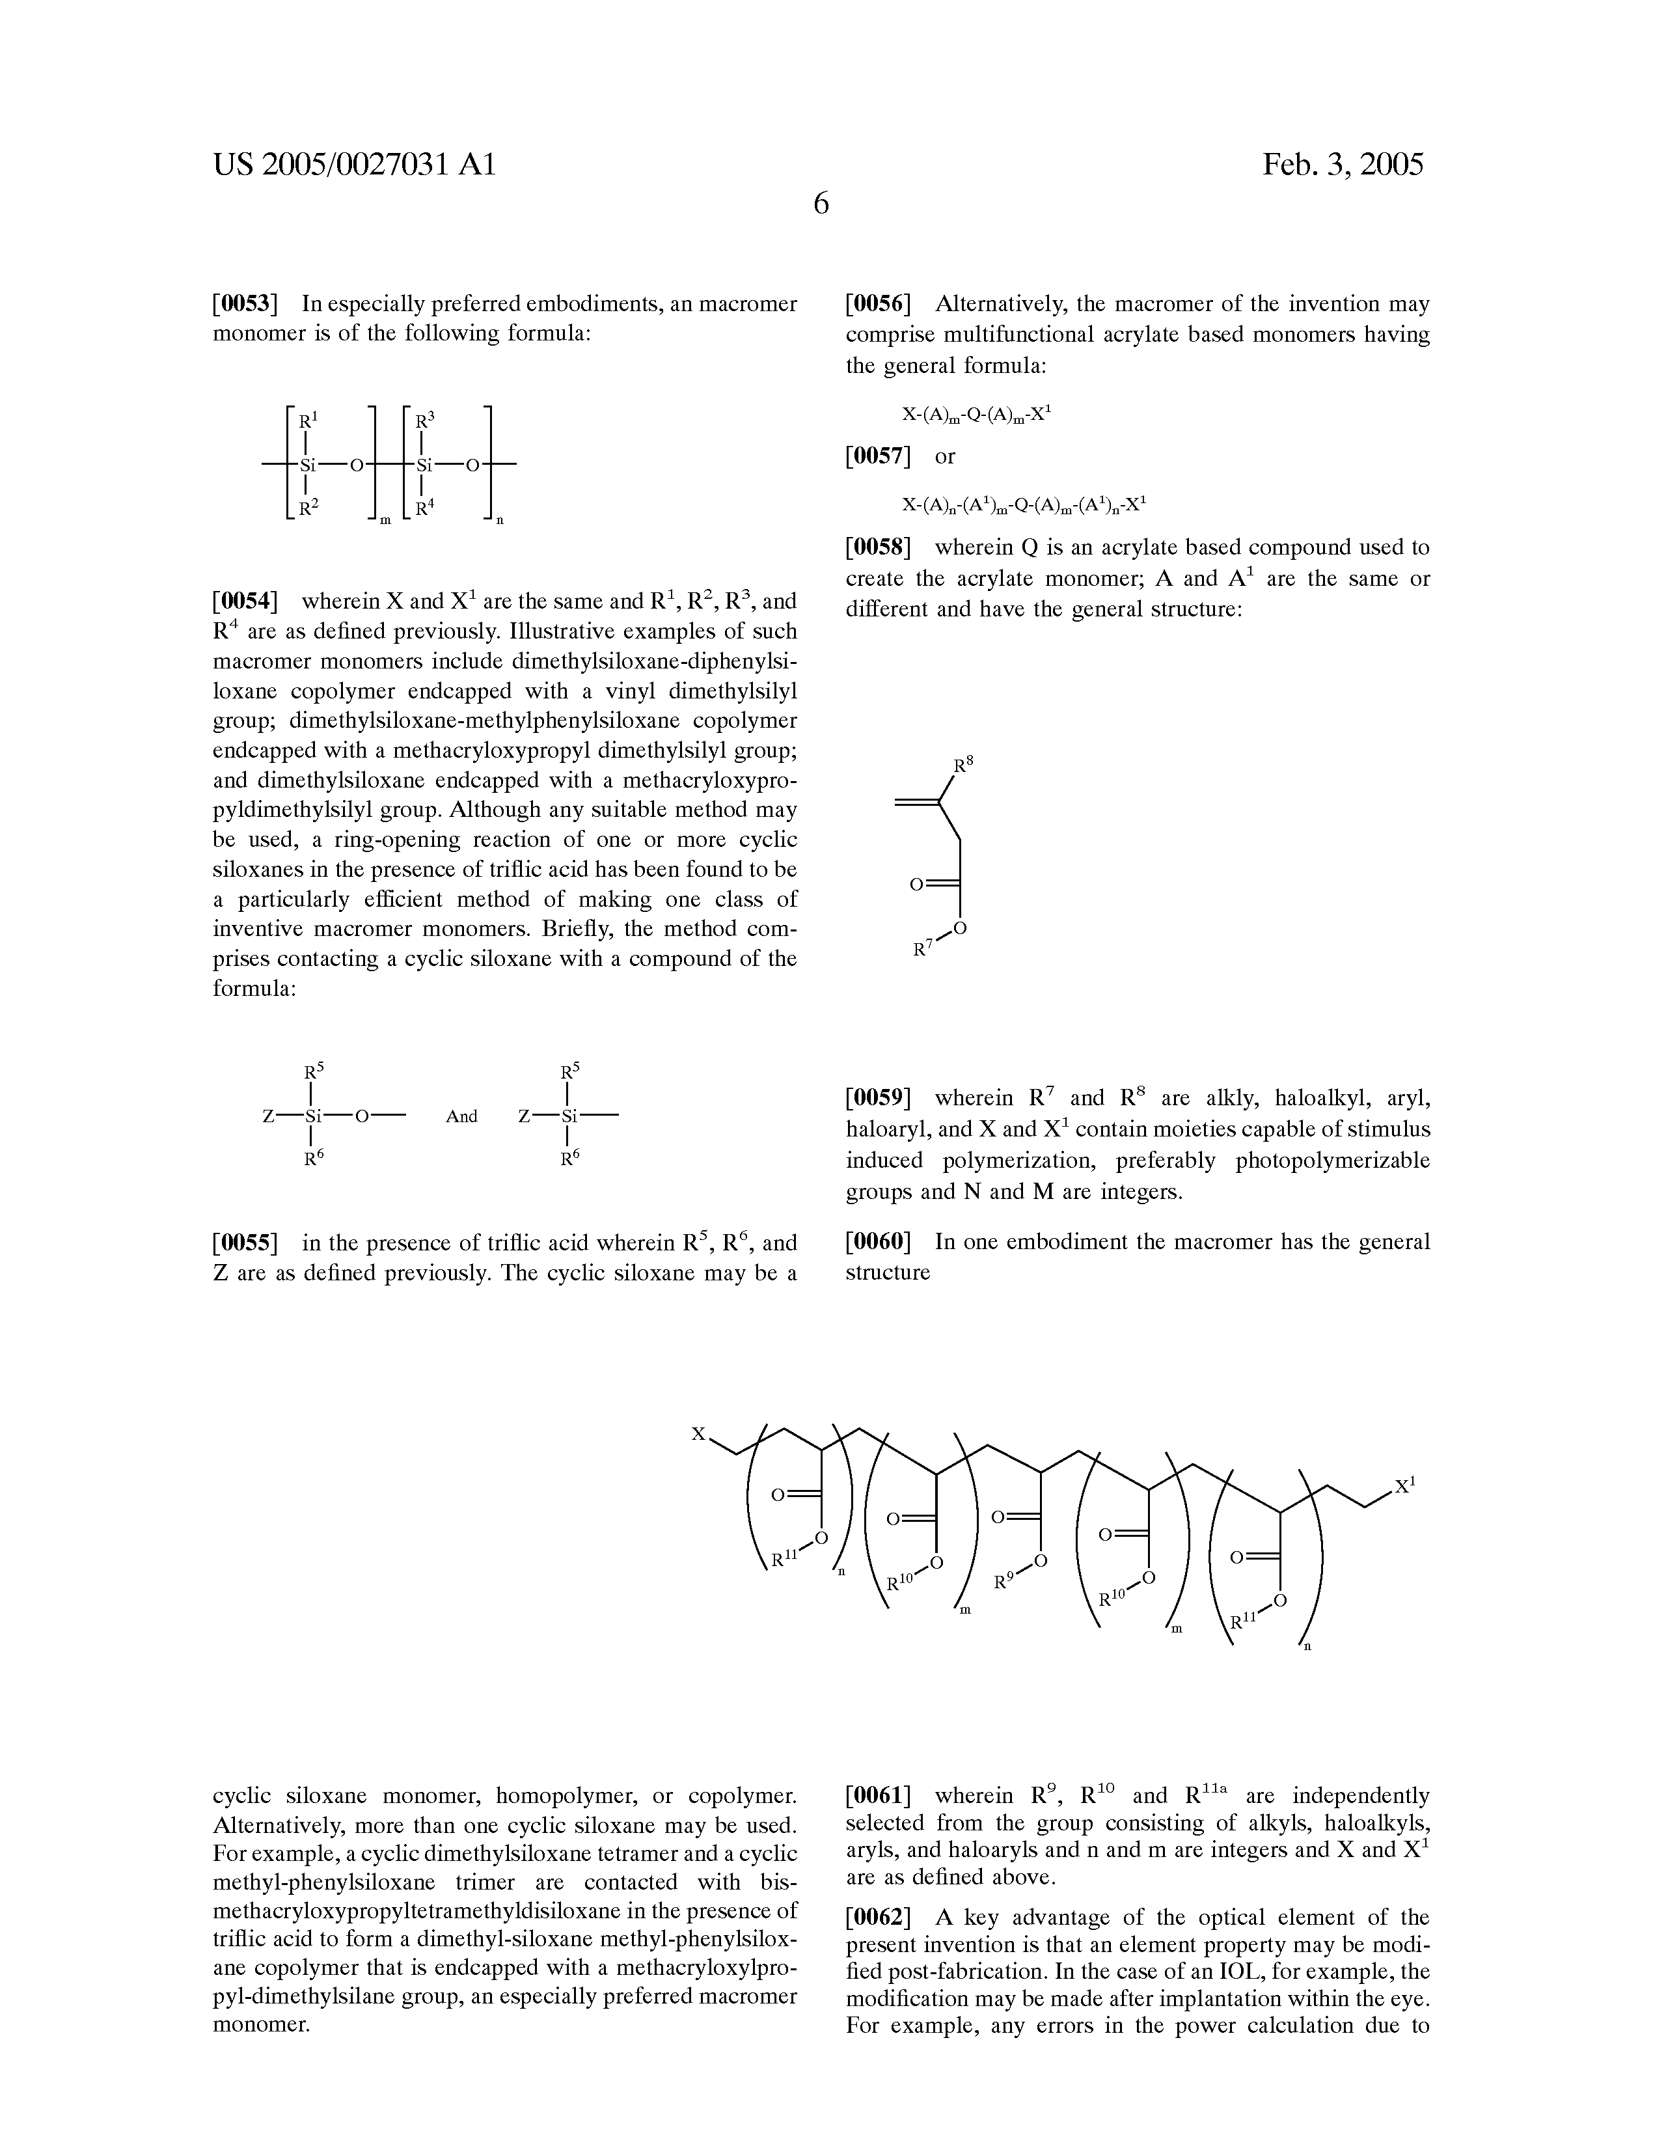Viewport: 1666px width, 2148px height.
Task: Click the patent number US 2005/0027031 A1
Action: (354, 164)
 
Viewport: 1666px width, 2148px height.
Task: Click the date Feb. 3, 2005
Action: (1343, 164)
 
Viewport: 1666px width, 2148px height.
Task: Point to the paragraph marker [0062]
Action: (879, 1918)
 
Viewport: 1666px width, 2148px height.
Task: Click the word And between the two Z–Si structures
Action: (461, 1116)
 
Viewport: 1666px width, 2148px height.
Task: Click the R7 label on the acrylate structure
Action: (923, 949)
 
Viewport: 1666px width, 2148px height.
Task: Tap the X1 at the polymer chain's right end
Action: (1404, 1485)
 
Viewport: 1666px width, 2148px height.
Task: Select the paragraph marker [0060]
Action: (879, 1242)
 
